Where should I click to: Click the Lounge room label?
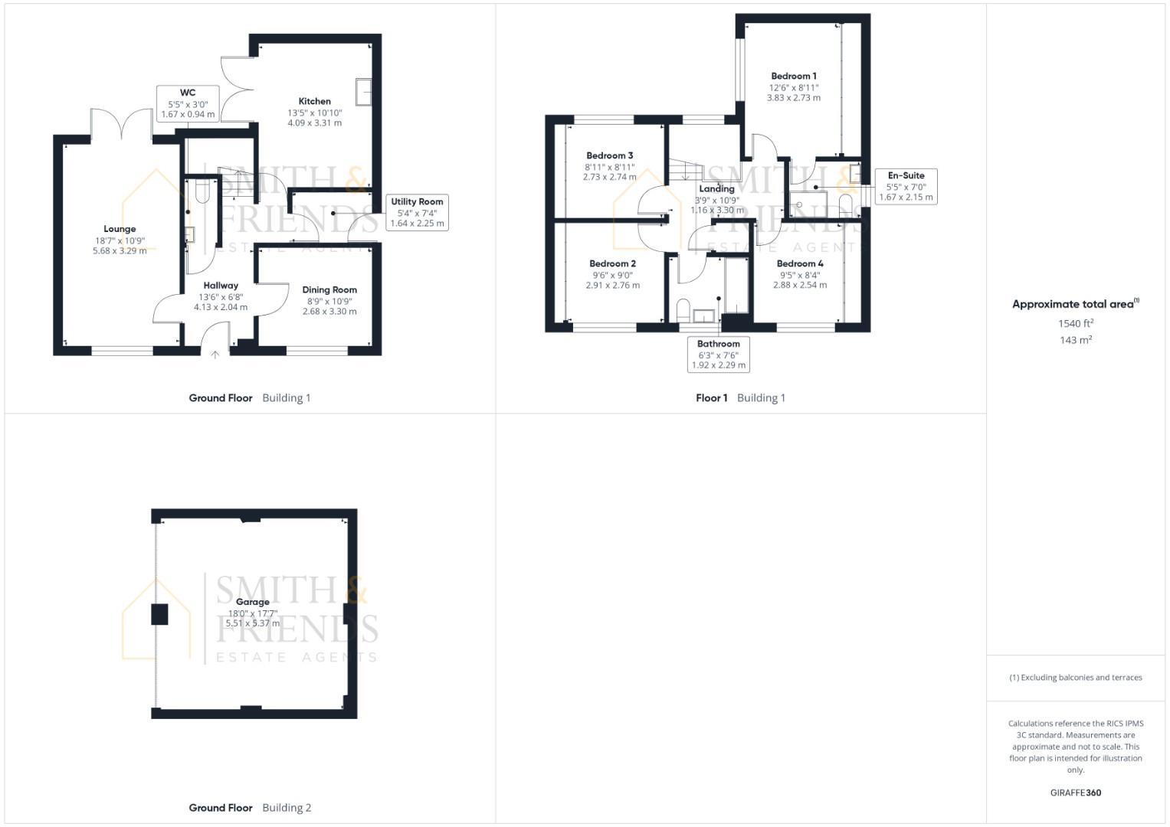(120, 229)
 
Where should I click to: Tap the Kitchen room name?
(314, 101)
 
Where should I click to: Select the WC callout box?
(188, 103)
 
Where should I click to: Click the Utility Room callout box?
(417, 213)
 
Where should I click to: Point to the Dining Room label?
(329, 289)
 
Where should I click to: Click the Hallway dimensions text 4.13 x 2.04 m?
(221, 307)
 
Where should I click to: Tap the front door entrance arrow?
(215, 354)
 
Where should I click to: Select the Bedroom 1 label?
(793, 76)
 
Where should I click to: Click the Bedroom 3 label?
(609, 155)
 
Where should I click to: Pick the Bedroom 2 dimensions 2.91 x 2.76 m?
(612, 285)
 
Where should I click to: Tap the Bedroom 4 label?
(799, 263)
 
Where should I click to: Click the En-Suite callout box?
(906, 186)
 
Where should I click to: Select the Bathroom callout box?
(718, 355)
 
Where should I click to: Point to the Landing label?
(716, 188)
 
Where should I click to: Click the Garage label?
(252, 602)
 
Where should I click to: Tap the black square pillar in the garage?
(159, 614)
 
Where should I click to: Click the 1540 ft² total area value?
(1075, 323)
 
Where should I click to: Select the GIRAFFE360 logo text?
(1075, 793)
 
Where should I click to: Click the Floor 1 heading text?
(711, 397)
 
